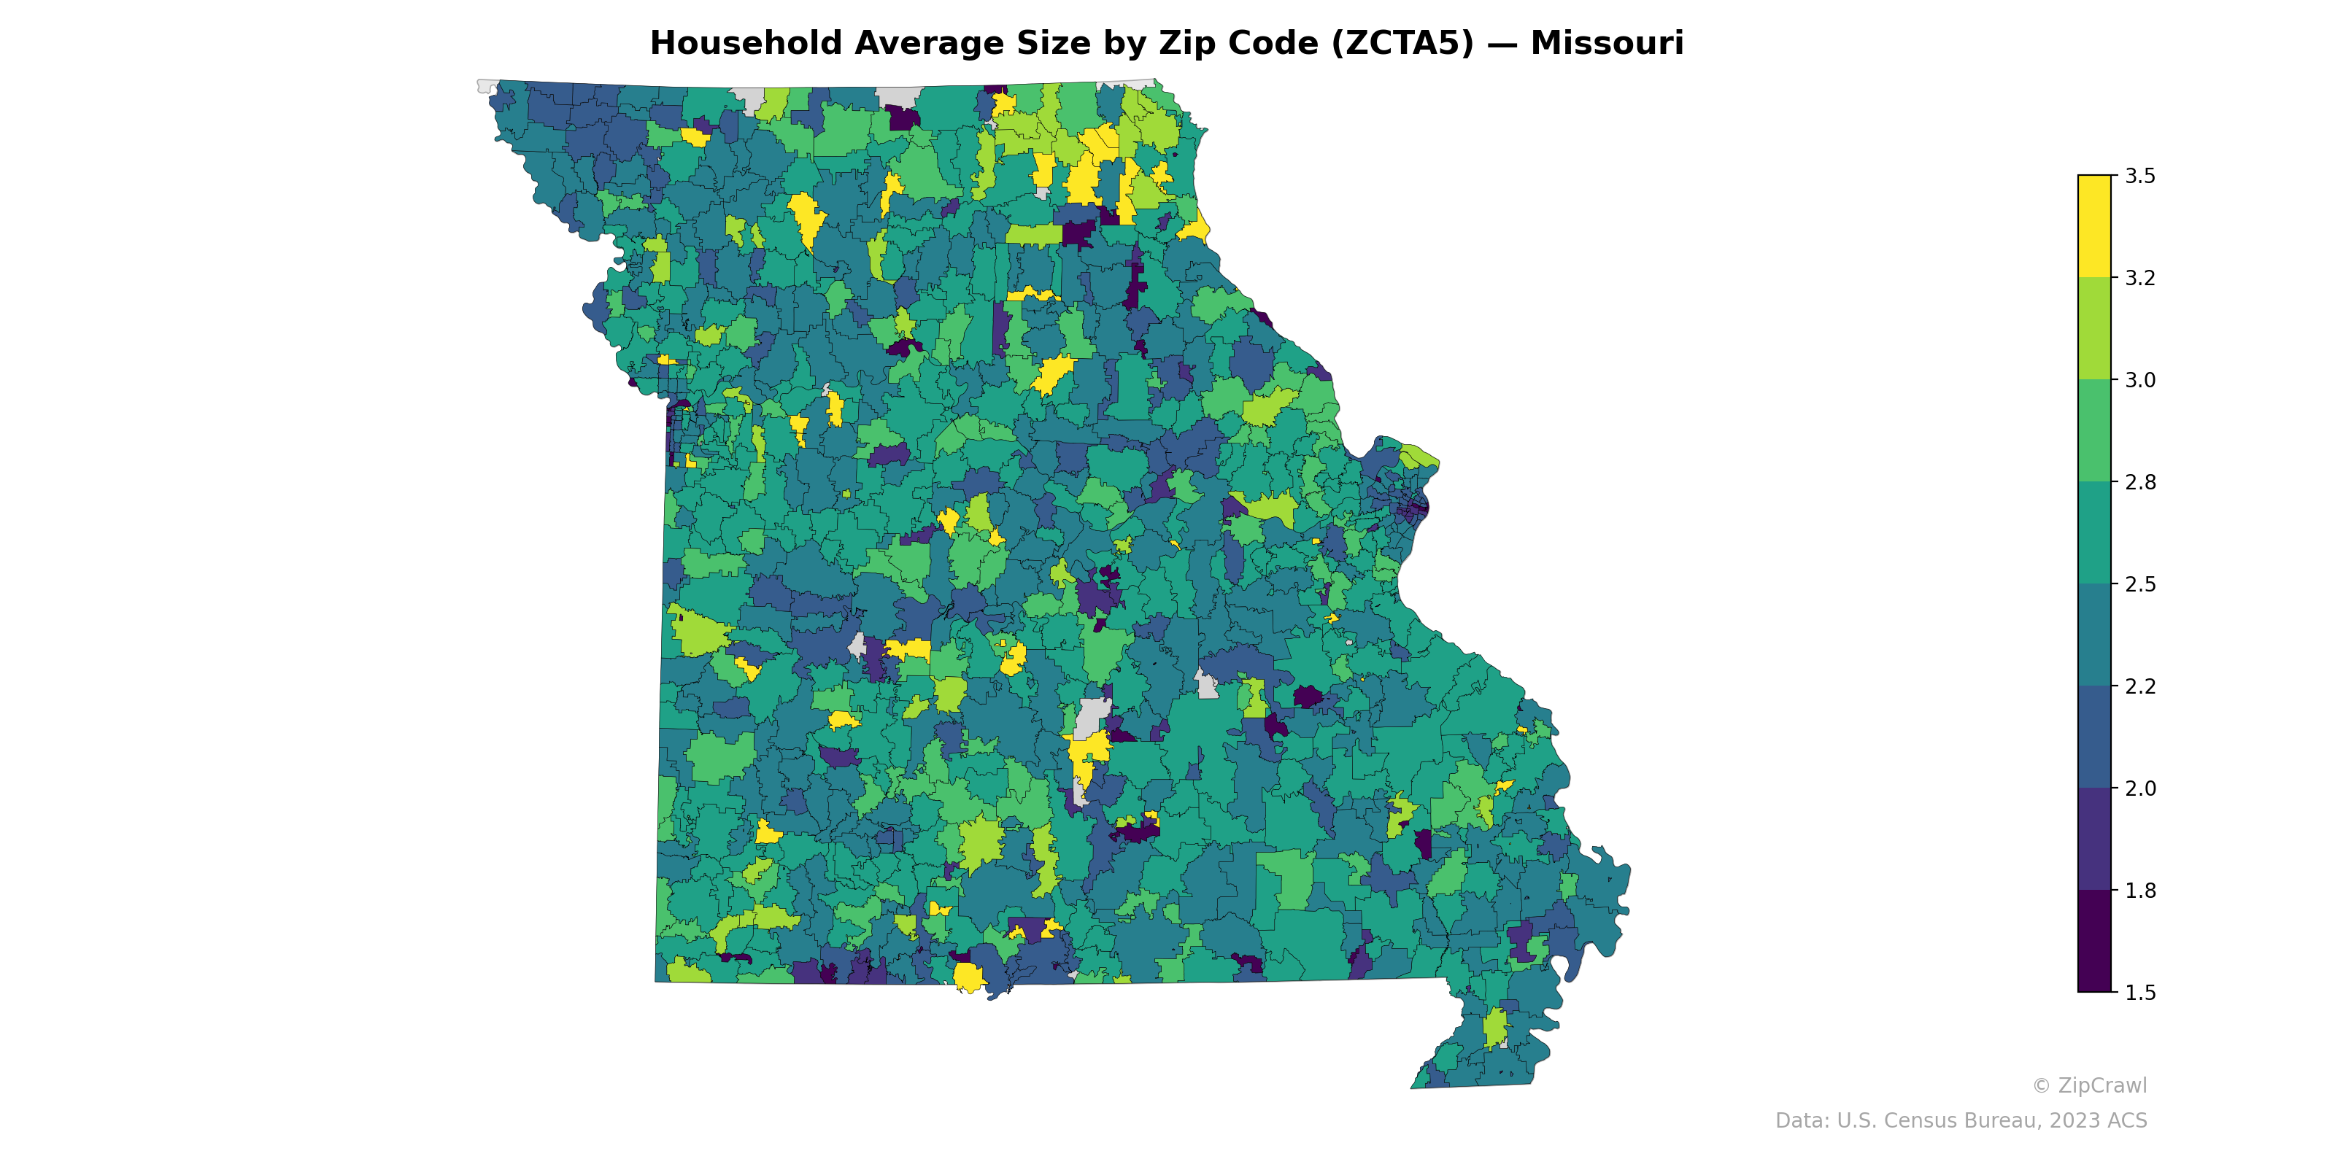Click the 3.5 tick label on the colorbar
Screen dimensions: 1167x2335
click(x=2140, y=176)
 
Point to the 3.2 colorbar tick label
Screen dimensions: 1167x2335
click(x=2140, y=278)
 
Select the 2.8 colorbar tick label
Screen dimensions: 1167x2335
click(x=2140, y=482)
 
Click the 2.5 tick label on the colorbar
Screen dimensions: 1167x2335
click(x=2140, y=584)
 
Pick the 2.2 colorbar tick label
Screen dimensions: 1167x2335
click(x=2140, y=686)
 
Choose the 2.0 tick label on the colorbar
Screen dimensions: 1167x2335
click(x=2140, y=788)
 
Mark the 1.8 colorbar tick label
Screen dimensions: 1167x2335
click(x=2140, y=891)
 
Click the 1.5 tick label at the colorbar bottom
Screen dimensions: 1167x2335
click(x=2140, y=993)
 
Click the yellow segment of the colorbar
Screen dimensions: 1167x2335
click(x=2094, y=227)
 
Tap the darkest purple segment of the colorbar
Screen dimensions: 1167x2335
click(x=2094, y=942)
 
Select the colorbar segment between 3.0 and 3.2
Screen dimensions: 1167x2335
click(x=2094, y=329)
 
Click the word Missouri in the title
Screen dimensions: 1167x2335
click(x=1606, y=44)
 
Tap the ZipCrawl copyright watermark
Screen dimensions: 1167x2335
click(x=2089, y=1085)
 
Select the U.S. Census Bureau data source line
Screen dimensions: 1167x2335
click(x=1961, y=1121)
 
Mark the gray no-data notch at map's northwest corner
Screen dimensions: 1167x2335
click(x=487, y=86)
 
